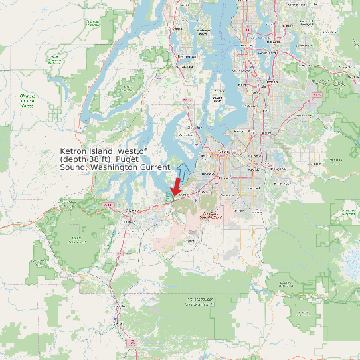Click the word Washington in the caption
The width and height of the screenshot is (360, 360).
tap(114, 167)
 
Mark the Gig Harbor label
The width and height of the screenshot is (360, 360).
tap(195, 126)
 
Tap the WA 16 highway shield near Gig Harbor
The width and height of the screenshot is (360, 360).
tap(188, 100)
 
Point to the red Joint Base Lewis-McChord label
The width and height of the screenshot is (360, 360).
tap(212, 215)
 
